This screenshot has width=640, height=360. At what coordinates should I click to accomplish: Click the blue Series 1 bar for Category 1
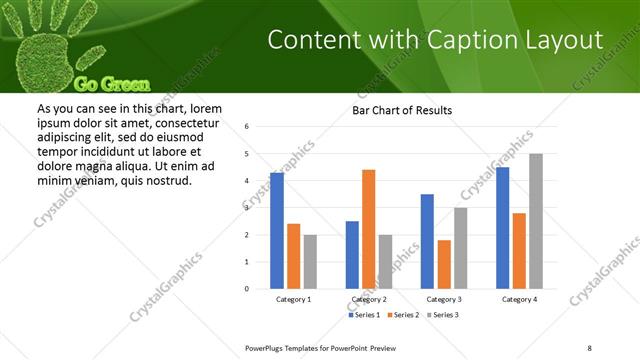[277, 231]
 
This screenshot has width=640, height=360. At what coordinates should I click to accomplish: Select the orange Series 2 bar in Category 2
[368, 229]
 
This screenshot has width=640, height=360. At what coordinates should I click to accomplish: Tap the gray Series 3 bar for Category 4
[536, 221]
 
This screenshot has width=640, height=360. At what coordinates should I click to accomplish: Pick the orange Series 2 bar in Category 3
[444, 264]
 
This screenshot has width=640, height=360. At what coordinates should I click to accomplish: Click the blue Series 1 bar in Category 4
[502, 228]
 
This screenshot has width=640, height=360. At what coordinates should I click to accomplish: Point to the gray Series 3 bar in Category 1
[310, 262]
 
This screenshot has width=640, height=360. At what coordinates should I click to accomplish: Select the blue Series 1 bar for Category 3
[427, 241]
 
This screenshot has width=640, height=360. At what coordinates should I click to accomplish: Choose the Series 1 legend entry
[365, 315]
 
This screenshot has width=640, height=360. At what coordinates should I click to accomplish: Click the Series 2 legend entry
[402, 315]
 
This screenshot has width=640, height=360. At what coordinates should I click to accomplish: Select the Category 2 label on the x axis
[369, 299]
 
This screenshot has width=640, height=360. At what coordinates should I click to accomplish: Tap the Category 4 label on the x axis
[519, 299]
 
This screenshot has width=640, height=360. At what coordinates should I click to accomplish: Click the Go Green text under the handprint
[112, 84]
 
